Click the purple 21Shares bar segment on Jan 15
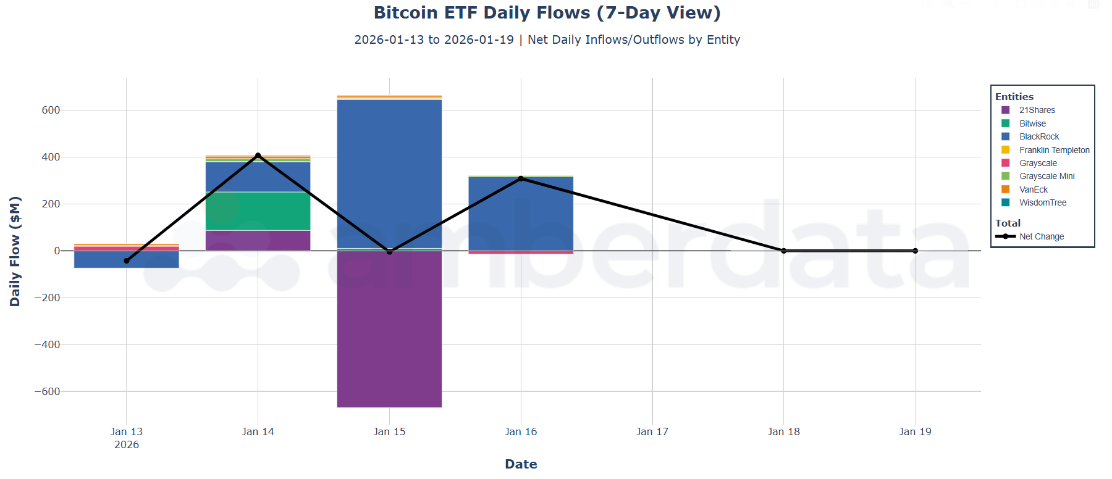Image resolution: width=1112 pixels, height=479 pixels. [x=389, y=333]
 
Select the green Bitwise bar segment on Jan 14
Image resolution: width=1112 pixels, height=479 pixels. [x=258, y=212]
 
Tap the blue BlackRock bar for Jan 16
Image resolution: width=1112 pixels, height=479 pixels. [x=521, y=216]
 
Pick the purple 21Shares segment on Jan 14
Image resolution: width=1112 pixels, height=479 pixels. [x=258, y=241]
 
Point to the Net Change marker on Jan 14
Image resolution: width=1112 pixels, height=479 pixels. [x=258, y=156]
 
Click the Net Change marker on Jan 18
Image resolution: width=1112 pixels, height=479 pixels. [x=783, y=251]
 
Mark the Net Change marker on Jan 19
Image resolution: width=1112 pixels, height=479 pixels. [x=915, y=251]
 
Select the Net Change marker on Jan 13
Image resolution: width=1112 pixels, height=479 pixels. [x=127, y=260]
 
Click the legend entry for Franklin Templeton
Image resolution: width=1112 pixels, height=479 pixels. [x=1054, y=150]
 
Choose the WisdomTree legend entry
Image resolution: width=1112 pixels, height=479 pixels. [x=1042, y=202]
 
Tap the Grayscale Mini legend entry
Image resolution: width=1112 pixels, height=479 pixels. [x=1047, y=176]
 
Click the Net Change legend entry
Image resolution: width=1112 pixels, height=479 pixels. [x=1041, y=236]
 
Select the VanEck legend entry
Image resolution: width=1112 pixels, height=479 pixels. [x=1033, y=190]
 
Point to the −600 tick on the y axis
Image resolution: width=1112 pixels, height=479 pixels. [x=47, y=391]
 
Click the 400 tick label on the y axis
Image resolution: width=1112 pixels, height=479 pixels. [x=51, y=157]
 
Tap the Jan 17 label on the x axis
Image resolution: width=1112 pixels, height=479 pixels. [x=652, y=431]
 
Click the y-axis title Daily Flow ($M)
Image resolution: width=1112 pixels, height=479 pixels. [x=15, y=251]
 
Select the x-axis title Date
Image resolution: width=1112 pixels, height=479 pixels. [x=521, y=464]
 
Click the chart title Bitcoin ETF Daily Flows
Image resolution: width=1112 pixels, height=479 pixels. [x=547, y=12]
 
